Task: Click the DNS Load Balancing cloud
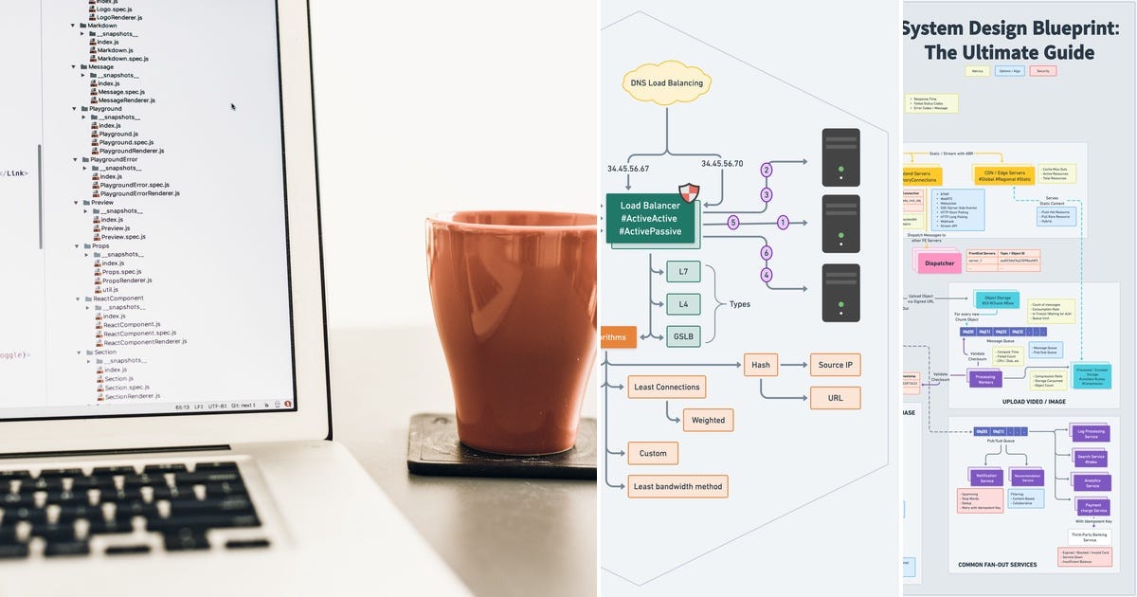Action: [x=667, y=83]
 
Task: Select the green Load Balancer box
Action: [x=650, y=219]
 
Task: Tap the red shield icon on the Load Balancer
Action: [x=689, y=193]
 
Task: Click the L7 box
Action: [x=683, y=272]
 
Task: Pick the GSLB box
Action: [x=683, y=336]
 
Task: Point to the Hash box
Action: [x=761, y=365]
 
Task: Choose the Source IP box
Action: [x=835, y=365]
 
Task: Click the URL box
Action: [x=835, y=398]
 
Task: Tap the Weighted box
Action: [x=708, y=420]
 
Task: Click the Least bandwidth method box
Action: [x=677, y=487]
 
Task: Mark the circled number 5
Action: [x=732, y=224]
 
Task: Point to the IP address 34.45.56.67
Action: [x=628, y=169]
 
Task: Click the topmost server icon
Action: [x=840, y=157]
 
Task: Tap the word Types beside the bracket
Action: [x=740, y=304]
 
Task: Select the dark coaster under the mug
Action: [x=502, y=455]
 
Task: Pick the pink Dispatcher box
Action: [x=939, y=263]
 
